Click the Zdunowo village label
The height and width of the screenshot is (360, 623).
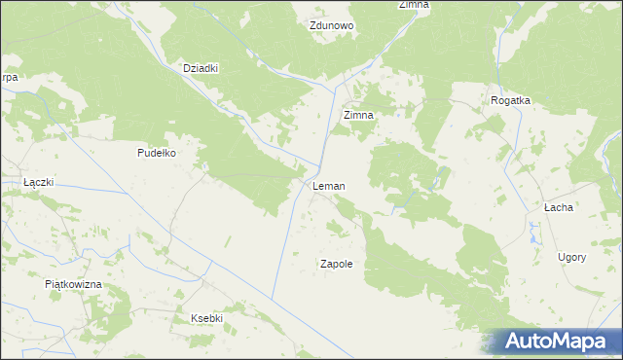click(x=332, y=26)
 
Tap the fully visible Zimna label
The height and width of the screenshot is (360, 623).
click(x=358, y=115)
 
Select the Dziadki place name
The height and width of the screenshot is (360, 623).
click(x=201, y=68)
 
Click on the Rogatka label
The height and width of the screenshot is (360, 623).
click(x=509, y=100)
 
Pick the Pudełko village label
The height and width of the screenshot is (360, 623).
click(x=156, y=153)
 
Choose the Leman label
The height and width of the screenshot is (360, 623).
click(x=328, y=186)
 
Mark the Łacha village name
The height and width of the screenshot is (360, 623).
click(x=558, y=207)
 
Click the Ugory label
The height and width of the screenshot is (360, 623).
click(x=571, y=257)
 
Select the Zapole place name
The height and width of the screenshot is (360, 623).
click(x=336, y=264)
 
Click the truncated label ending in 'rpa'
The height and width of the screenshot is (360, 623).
click(x=9, y=77)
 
